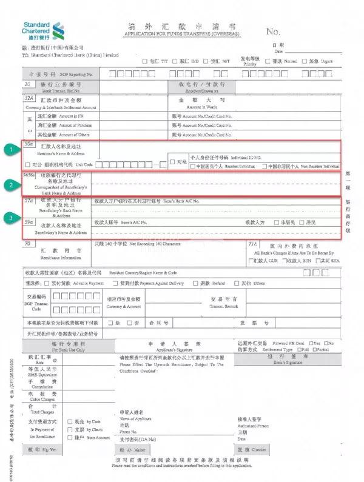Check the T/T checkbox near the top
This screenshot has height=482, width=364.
click(x=144, y=62)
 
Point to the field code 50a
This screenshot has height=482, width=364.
click(x=28, y=143)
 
